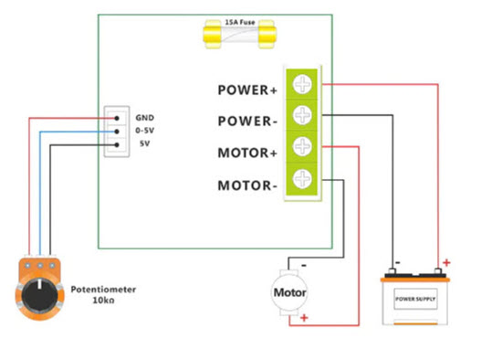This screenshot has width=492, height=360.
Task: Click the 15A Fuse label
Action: pos(240,22)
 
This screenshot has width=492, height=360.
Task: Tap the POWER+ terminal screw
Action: pos(302,84)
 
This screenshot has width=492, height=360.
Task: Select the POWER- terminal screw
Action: pos(302,115)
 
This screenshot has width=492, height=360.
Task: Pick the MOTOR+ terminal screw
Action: pos(302,146)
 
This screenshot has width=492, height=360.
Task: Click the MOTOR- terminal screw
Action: pos(302,178)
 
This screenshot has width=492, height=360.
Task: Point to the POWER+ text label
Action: pos(247,90)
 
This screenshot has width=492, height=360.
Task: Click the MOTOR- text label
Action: pos(247,185)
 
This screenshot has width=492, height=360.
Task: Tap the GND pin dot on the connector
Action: pos(117,118)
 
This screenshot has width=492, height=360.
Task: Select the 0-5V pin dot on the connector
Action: pos(117,132)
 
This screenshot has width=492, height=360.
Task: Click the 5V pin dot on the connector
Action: pos(117,144)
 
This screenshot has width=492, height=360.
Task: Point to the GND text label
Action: pos(144,118)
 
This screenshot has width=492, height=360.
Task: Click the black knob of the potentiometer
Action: pos(40,294)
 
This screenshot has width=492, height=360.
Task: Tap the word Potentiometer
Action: pos(103,290)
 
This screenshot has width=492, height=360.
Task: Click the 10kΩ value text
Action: pos(103,301)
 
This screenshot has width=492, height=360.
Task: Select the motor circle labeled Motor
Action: pos(289,292)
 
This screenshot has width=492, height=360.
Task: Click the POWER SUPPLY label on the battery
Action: pos(415,299)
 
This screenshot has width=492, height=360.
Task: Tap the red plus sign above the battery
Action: pos(446,262)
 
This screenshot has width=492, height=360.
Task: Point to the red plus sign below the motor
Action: pos(304,318)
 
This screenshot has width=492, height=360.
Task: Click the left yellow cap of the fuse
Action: pos(213,34)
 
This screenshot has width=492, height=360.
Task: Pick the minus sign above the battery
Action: pos(398,262)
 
